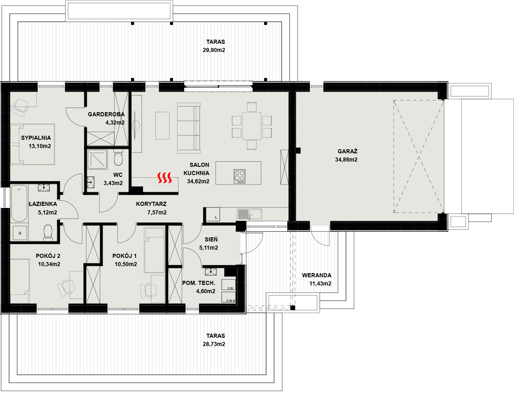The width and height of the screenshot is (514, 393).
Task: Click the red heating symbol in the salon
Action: [x=164, y=178]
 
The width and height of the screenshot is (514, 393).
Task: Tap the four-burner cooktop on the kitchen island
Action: [x=240, y=176]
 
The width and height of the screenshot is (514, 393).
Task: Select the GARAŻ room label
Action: [x=347, y=151]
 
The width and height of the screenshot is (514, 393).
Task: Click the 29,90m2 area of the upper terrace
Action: [x=214, y=50]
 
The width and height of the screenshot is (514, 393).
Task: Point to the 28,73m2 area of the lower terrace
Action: [x=214, y=344]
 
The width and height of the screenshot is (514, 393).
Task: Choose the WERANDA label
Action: [x=317, y=275]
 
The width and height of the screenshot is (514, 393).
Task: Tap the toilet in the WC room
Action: [x=118, y=158]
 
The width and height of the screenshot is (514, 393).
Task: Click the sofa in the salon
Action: [x=189, y=128]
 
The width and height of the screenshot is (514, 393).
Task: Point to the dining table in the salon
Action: [x=252, y=126]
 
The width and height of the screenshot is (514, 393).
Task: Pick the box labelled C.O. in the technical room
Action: [x=229, y=285]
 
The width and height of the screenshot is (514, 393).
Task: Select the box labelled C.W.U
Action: [x=229, y=297]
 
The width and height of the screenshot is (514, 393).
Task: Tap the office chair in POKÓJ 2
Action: [x=66, y=287]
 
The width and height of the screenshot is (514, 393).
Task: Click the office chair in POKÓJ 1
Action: [x=148, y=290]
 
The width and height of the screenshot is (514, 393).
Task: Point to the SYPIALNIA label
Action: [x=36, y=138]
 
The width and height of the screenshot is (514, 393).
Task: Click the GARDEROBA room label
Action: [x=106, y=114]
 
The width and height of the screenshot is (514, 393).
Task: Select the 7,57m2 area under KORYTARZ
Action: [x=157, y=212]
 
